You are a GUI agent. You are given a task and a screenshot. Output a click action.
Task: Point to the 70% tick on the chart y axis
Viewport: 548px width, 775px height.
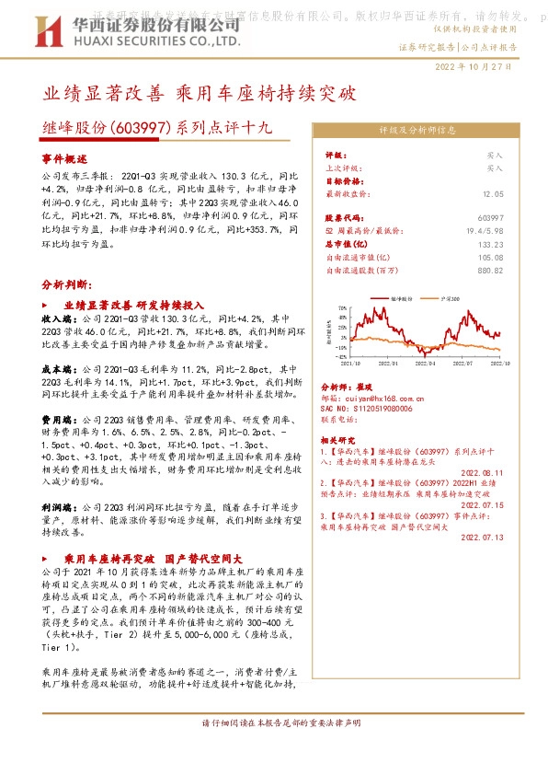coord(342,308)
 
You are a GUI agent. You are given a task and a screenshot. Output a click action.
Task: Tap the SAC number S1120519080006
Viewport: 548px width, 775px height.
coord(372,407)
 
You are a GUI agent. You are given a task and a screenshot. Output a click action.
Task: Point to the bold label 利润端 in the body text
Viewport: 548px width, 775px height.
coord(58,507)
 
